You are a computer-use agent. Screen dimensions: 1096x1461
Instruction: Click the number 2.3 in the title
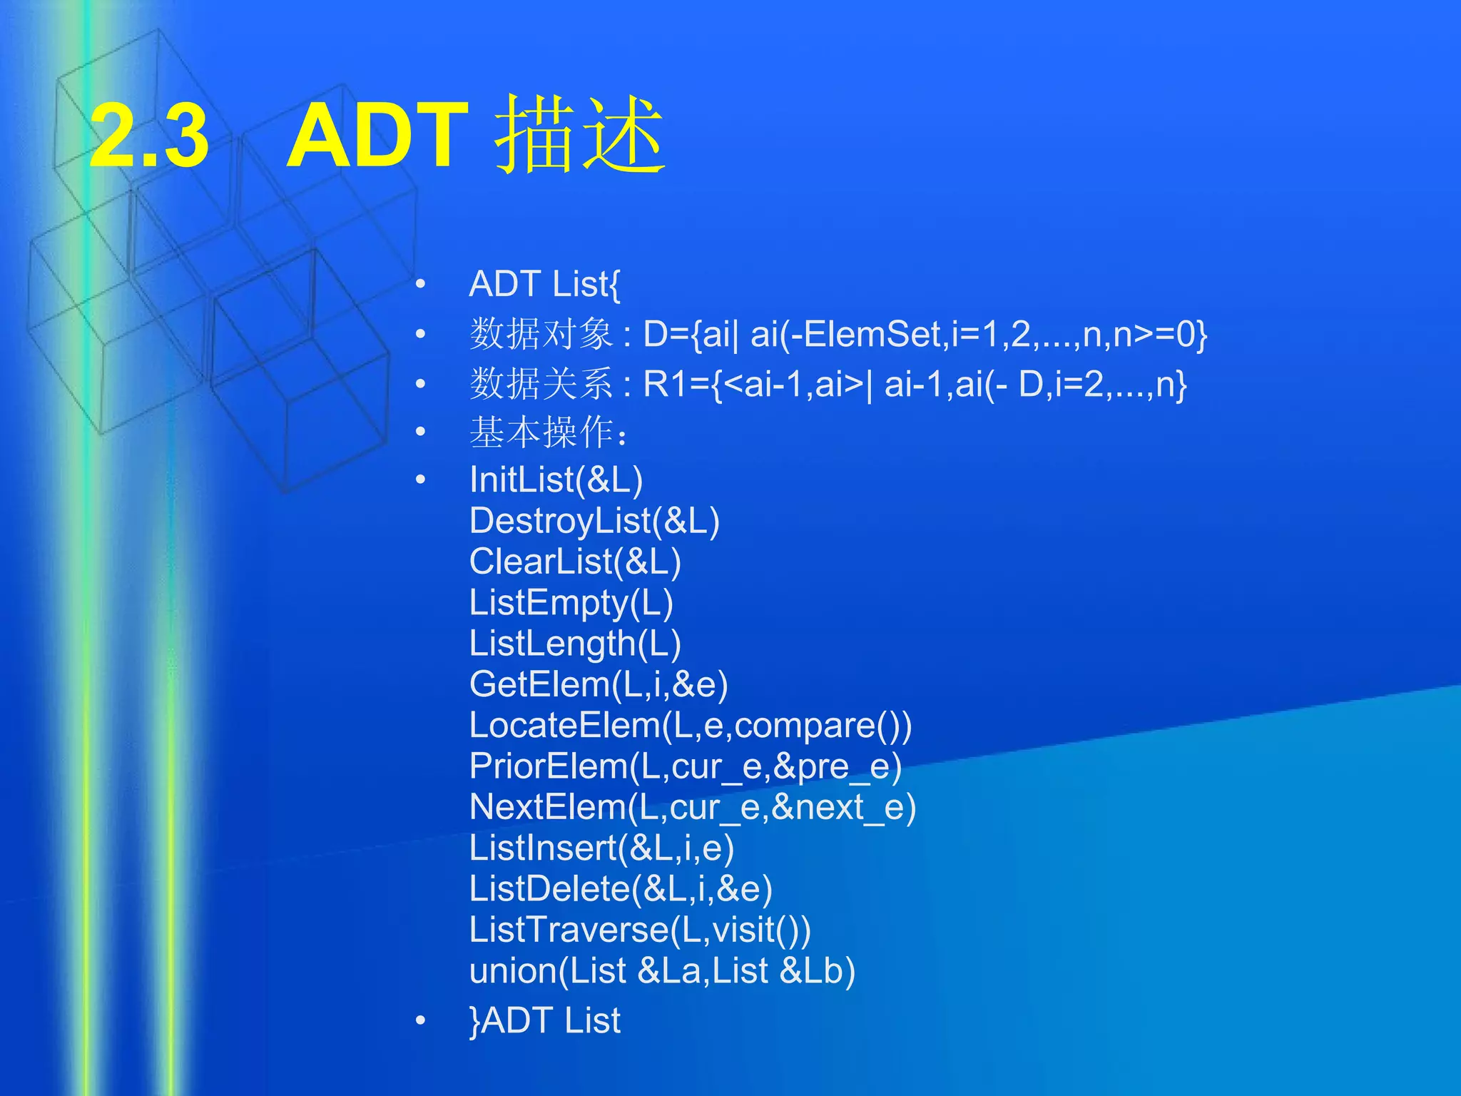(149, 135)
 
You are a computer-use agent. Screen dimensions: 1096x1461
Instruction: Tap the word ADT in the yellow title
(377, 135)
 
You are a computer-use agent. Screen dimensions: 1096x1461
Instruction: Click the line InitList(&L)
(556, 479)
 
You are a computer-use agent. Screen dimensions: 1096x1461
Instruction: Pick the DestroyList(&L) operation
(594, 521)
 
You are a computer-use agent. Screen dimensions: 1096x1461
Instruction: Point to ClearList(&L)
(575, 562)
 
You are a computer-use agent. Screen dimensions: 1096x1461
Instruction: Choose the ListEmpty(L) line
(571, 603)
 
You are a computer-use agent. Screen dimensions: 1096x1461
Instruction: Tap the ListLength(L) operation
(575, 644)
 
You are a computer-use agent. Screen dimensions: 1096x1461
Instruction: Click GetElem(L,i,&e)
(599, 684)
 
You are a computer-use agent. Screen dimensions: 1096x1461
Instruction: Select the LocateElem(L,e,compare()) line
(690, 726)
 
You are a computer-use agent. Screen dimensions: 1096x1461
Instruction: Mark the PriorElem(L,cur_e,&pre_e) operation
(686, 766)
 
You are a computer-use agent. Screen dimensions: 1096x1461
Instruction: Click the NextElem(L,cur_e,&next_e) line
(693, 807)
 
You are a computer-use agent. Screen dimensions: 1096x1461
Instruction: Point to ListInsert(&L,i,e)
(601, 848)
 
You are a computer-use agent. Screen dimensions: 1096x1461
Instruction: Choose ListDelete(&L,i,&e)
(621, 889)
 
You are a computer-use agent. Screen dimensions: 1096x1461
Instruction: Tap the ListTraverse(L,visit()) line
(640, 930)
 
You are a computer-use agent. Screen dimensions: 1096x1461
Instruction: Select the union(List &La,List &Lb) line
(662, 971)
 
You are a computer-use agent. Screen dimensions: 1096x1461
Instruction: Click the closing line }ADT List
(545, 1020)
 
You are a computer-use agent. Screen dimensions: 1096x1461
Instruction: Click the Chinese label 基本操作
(542, 432)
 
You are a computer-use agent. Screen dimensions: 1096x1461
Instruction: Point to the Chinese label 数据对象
(541, 334)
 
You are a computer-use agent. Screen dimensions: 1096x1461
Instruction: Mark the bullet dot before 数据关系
(421, 384)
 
